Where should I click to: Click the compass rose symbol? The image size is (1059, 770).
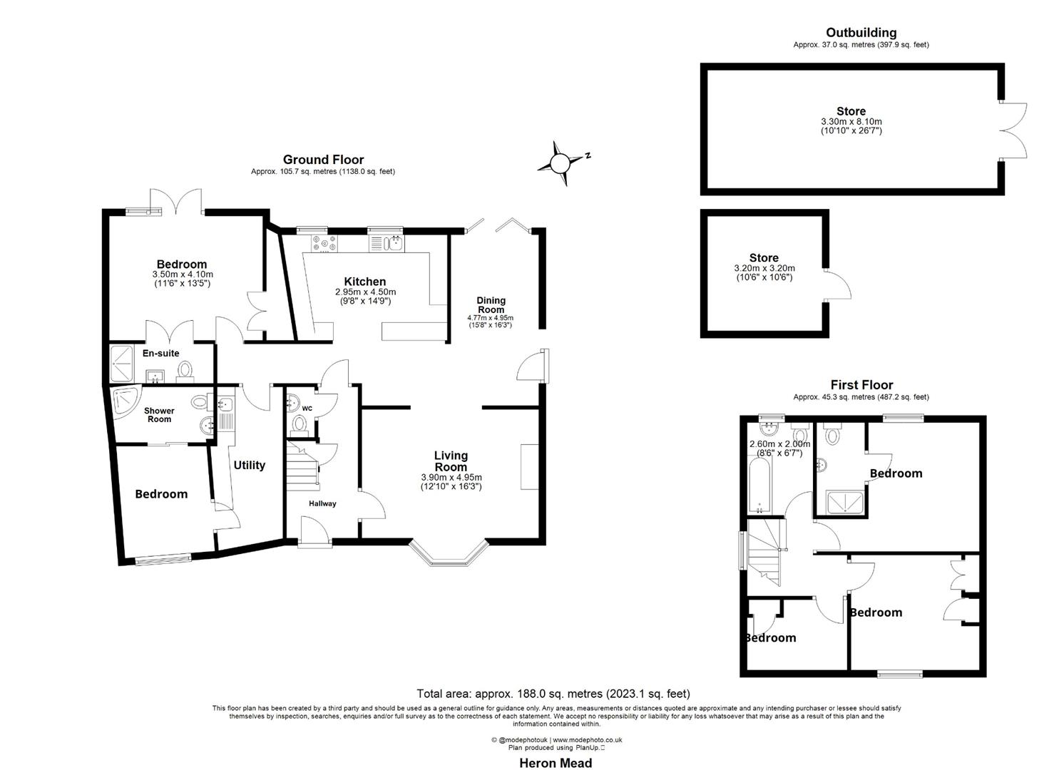561,163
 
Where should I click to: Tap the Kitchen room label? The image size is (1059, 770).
364,282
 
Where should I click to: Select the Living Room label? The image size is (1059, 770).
451,461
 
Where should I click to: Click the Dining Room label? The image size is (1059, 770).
491,304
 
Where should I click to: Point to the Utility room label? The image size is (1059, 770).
250,465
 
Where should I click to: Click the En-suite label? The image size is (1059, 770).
161,353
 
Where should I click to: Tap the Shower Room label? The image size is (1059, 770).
159,415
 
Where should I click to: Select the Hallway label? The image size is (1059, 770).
322,503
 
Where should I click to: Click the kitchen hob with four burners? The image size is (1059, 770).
324,244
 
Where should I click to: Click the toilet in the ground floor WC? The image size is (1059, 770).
300,425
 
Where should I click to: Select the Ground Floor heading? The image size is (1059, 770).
323,160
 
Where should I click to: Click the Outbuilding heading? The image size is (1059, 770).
861,33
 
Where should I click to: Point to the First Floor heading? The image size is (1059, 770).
861,385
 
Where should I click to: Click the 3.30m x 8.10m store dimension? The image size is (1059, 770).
851,122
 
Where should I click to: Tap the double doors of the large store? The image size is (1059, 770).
1013,130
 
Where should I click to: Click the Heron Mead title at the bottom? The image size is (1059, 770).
555,763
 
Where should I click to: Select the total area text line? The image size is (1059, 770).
553,693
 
